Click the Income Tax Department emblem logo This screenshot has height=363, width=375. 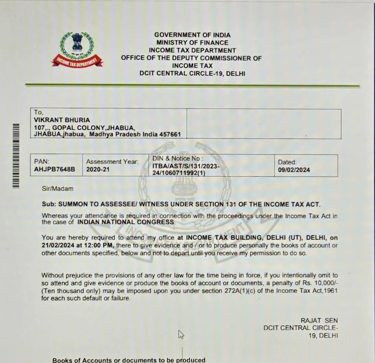coord(77,49)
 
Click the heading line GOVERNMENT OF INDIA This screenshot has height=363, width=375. coord(192,35)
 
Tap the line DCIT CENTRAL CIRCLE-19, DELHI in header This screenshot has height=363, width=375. coord(192,74)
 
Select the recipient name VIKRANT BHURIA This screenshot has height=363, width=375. coord(62,120)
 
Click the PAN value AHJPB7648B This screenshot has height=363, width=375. coord(54,169)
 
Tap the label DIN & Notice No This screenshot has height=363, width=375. coord(177,159)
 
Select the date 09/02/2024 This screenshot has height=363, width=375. coord(294,170)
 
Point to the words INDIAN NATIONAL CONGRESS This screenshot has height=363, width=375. coord(126,222)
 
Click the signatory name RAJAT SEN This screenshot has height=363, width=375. coord(319,321)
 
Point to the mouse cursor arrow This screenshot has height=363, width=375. coord(181,334)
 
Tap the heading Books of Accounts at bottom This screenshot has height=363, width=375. coord(82,360)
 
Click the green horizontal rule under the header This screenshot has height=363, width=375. coord(192,85)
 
